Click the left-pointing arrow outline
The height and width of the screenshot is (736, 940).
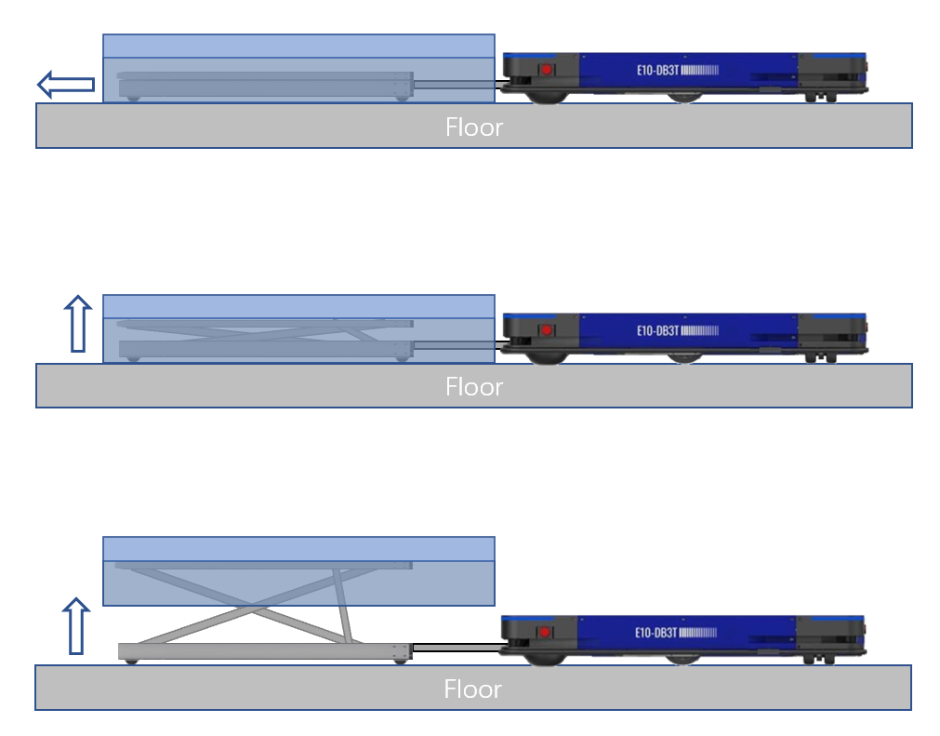[65, 85]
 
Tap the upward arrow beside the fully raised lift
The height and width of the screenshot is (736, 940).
[75, 626]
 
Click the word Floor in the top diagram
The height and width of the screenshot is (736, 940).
[473, 127]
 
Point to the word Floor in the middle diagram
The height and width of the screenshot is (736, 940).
[473, 386]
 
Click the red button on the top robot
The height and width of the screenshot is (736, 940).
[547, 70]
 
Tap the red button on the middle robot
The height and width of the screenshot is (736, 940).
[547, 329]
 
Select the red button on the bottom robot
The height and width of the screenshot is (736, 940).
[545, 633]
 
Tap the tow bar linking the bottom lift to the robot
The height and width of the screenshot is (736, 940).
[456, 648]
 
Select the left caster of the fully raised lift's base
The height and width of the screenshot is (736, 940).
[133, 661]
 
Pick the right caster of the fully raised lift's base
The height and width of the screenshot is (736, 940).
[400, 661]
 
